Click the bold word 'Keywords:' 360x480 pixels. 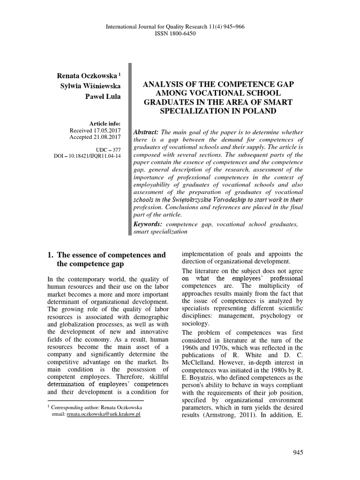coord(149,224)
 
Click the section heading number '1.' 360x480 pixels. coord(51,255)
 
